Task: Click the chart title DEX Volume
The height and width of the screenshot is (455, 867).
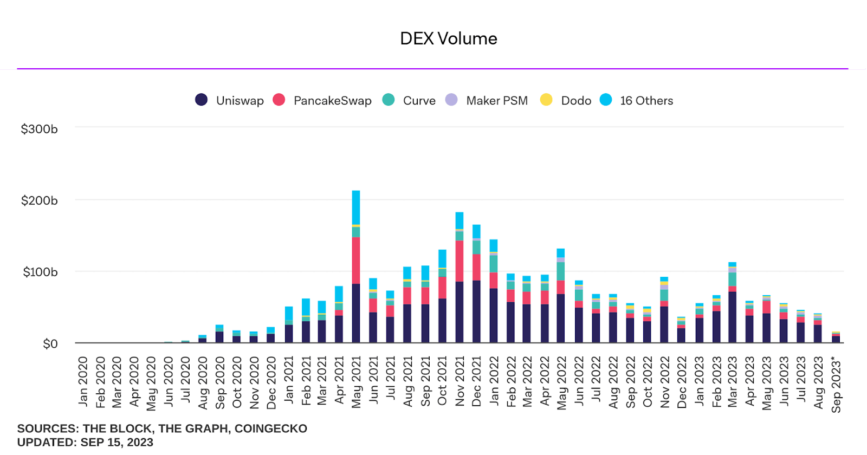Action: pyautogui.click(x=448, y=38)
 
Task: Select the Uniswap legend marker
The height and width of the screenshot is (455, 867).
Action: pyautogui.click(x=201, y=100)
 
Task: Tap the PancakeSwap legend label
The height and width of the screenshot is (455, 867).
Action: pyautogui.click(x=332, y=101)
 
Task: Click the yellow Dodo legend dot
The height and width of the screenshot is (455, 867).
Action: pyautogui.click(x=546, y=100)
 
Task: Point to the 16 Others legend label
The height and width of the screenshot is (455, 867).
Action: pyautogui.click(x=646, y=101)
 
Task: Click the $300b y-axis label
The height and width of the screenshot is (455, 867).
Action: pyautogui.click(x=39, y=129)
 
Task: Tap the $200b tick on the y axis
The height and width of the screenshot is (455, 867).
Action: pyautogui.click(x=39, y=200)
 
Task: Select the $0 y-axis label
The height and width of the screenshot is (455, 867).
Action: pyautogui.click(x=50, y=344)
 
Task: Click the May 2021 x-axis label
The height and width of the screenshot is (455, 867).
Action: pyautogui.click(x=356, y=382)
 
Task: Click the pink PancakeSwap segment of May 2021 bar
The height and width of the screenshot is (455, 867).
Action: pyautogui.click(x=356, y=260)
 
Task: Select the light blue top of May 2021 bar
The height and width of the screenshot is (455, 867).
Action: pyautogui.click(x=356, y=207)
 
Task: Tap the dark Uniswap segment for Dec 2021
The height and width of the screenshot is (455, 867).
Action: pyautogui.click(x=476, y=311)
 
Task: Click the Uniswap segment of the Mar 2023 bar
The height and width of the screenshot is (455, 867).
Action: pyautogui.click(x=733, y=317)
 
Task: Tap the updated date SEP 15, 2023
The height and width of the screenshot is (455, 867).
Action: pyautogui.click(x=117, y=443)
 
